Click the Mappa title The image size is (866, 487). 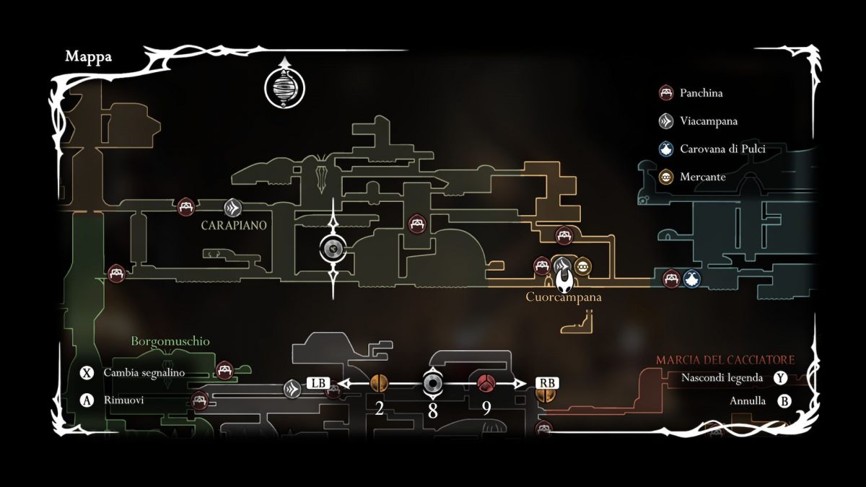[88, 57]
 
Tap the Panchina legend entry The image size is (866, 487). [701, 93]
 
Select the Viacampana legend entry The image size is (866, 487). [708, 121]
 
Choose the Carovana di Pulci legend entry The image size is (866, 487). [722, 149]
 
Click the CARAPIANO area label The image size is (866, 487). [234, 225]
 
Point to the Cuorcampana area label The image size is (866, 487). [563, 297]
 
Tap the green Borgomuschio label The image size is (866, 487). [170, 341]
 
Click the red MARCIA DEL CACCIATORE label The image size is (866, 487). [725, 359]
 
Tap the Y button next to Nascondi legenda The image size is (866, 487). [780, 377]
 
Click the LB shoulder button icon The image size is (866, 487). [318, 383]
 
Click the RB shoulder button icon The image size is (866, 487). [546, 383]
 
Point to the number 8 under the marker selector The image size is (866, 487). [432, 410]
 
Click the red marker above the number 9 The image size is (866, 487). [485, 382]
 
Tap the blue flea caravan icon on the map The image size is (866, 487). [691, 278]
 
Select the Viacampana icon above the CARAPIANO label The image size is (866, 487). [232, 208]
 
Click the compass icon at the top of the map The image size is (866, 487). [285, 87]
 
